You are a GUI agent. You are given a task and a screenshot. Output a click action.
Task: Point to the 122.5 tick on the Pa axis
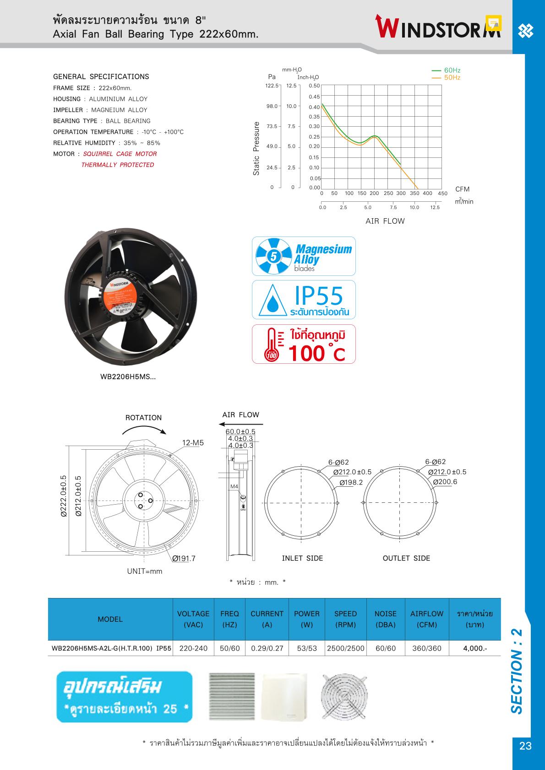click(272, 86)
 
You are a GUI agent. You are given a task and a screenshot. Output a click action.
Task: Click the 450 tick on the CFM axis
click(442, 194)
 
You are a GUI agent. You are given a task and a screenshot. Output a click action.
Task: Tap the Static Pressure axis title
click(256, 148)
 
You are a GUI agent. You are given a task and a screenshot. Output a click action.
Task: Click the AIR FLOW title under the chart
click(385, 221)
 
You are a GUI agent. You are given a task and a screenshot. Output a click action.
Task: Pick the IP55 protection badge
click(304, 300)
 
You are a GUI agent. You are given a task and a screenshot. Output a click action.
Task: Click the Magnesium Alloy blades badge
click(304, 256)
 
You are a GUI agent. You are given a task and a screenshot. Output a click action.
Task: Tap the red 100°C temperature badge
click(304, 344)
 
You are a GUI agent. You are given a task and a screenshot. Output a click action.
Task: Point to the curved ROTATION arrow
click(144, 430)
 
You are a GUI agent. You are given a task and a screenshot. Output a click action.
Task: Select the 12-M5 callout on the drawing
click(193, 443)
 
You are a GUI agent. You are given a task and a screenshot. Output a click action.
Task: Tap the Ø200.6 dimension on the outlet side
click(445, 482)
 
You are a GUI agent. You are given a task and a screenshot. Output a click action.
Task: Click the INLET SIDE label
click(302, 558)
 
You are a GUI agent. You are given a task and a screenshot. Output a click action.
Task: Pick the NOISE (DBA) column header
click(385, 619)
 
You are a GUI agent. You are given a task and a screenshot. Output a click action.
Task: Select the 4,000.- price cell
click(475, 648)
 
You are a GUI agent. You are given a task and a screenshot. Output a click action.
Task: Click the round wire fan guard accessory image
click(344, 697)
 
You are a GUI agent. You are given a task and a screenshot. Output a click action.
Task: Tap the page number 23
click(525, 746)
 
